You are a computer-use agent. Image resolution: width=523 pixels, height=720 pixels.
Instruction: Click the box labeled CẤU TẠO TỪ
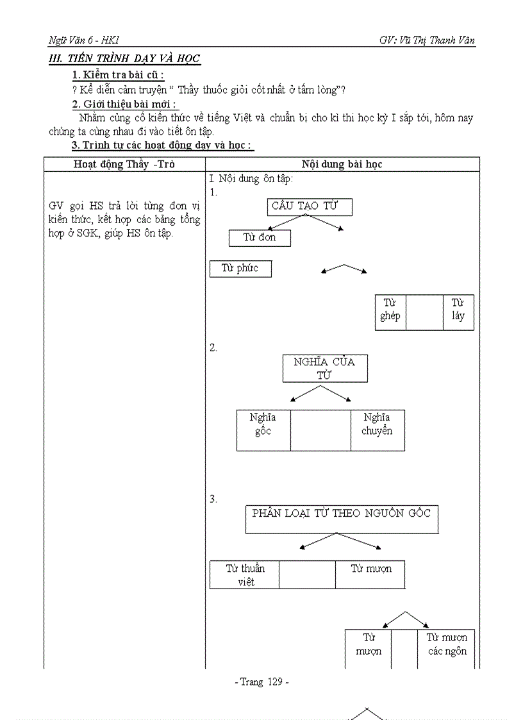[x=310, y=206]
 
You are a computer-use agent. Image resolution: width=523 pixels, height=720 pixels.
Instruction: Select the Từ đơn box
[x=260, y=238]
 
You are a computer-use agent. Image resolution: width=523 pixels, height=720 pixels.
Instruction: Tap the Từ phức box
[x=240, y=269]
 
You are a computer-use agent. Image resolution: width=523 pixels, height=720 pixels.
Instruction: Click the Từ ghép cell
[x=390, y=312]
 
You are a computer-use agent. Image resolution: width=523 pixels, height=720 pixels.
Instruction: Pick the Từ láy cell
[x=458, y=312]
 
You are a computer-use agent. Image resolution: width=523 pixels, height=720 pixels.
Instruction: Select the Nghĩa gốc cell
[x=263, y=430]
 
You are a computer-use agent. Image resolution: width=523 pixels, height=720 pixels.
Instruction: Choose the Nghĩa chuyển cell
[x=377, y=430]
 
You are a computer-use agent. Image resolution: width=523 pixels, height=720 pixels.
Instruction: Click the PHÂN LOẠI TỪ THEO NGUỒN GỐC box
[x=342, y=519]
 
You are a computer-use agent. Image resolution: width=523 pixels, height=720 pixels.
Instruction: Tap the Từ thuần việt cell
[x=244, y=574]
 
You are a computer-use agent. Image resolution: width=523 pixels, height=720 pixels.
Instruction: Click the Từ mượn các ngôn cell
[x=447, y=648]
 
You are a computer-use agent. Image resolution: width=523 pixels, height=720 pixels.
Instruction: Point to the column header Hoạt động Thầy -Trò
[x=124, y=164]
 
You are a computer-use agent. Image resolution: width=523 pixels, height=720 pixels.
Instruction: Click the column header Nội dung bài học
[x=342, y=164]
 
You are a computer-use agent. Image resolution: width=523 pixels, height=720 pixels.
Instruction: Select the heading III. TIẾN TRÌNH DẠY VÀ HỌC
[x=125, y=59]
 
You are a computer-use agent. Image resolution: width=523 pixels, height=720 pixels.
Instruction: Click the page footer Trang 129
[x=261, y=682]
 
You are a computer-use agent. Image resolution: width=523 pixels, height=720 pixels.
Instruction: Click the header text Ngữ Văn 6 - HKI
[x=80, y=40]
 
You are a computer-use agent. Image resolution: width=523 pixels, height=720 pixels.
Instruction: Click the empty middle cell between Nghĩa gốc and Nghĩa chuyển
[x=320, y=430]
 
